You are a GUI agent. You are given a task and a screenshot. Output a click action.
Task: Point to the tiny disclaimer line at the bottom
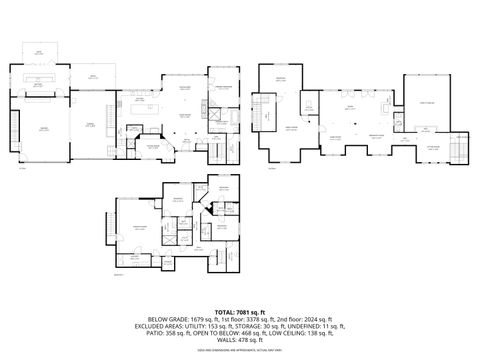(x=240, y=347)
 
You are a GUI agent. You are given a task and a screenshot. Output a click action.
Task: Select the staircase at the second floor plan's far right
(x=458, y=149)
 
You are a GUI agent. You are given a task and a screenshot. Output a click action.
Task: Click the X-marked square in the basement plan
(x=170, y=239)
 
